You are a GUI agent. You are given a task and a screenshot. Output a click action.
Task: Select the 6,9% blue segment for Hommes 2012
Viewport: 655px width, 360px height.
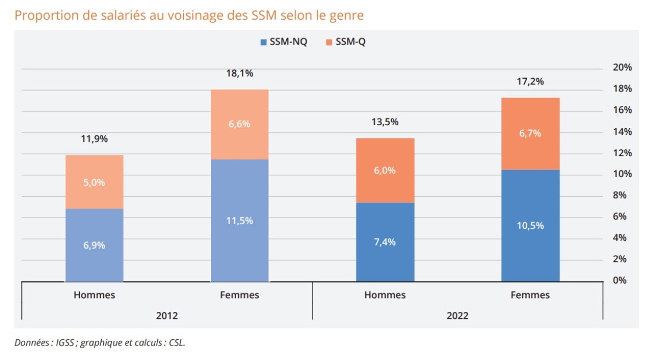(x=94, y=245)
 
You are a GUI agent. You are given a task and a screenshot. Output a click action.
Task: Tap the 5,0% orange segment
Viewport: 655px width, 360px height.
(x=94, y=182)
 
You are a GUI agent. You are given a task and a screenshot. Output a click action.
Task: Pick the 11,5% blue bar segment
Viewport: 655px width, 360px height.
(x=240, y=220)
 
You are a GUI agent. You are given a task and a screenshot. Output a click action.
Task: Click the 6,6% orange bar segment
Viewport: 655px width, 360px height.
(x=240, y=124)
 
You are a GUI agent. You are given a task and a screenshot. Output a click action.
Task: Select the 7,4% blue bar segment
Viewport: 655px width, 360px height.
(x=385, y=242)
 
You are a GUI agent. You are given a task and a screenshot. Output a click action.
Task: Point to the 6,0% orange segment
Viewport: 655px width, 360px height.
(x=385, y=170)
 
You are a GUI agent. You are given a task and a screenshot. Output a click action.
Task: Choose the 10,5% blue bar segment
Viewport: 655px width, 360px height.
(x=530, y=225)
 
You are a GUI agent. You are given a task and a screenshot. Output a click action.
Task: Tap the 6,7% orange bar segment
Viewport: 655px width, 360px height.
(x=530, y=133)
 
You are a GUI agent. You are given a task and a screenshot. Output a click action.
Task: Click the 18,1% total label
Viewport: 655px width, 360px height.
(x=240, y=73)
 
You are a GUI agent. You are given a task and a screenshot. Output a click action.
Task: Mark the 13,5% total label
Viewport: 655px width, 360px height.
(x=385, y=122)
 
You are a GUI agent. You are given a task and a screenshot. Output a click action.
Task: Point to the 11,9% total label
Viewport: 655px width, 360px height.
(x=94, y=139)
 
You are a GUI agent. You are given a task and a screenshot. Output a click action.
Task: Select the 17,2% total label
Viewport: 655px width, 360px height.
(x=530, y=82)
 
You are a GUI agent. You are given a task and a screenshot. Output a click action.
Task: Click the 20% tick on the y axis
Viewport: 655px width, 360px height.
(x=622, y=68)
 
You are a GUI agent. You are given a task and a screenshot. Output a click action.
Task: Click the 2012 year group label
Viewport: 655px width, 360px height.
(x=166, y=316)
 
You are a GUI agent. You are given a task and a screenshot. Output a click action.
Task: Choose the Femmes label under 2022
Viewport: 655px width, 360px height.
(x=530, y=295)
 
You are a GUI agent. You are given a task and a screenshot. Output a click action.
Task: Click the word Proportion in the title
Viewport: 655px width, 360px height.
(x=41, y=16)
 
